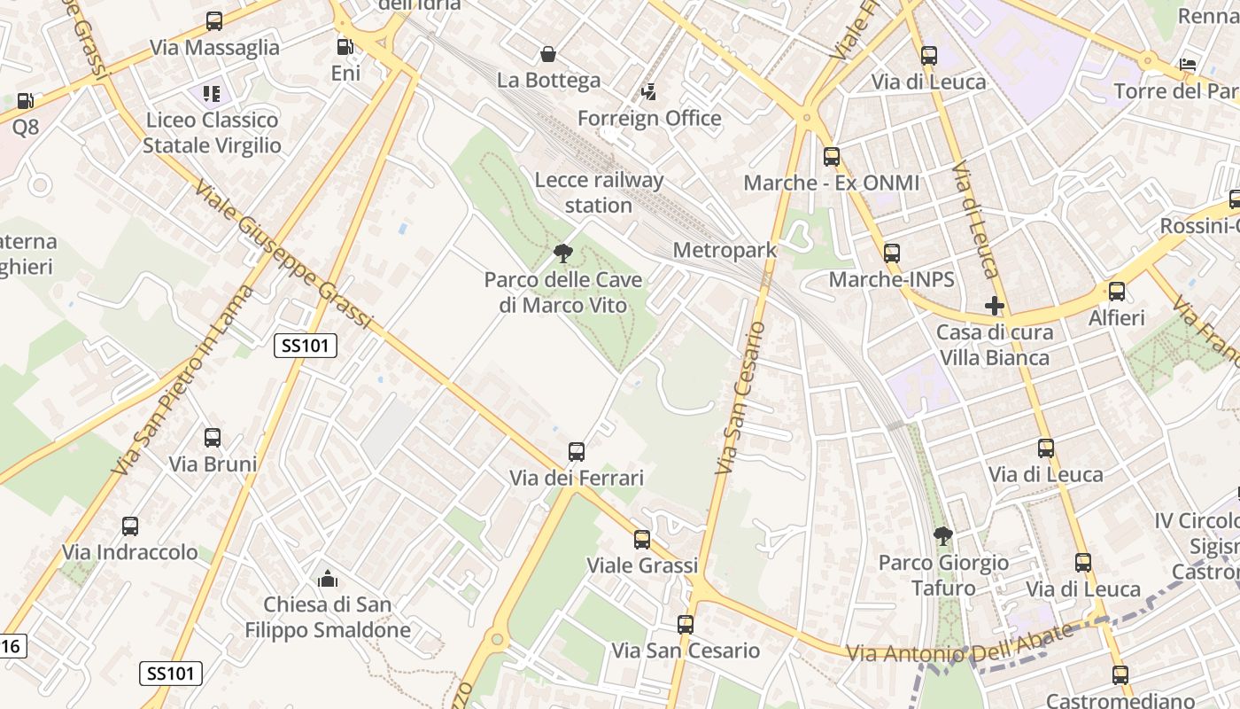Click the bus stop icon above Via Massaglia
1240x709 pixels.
213,21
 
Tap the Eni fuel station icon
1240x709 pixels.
345,46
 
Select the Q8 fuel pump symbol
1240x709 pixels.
26,102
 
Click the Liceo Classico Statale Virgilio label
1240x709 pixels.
212,133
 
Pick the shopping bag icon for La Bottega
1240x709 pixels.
548,54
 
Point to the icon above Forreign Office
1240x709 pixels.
649,92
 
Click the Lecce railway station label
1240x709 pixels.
599,192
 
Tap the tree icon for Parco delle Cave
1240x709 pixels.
562,254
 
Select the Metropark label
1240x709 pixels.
725,250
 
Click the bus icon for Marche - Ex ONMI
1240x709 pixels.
831,157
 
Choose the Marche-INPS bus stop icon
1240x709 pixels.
891,253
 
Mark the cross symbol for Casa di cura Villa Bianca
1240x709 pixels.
995,307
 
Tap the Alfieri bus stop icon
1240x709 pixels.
1116,292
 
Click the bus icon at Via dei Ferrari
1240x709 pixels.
577,452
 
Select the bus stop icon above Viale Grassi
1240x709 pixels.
642,539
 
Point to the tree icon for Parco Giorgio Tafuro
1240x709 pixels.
943,536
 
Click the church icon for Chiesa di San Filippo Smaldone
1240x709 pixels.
328,580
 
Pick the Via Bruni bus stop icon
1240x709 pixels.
213,438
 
